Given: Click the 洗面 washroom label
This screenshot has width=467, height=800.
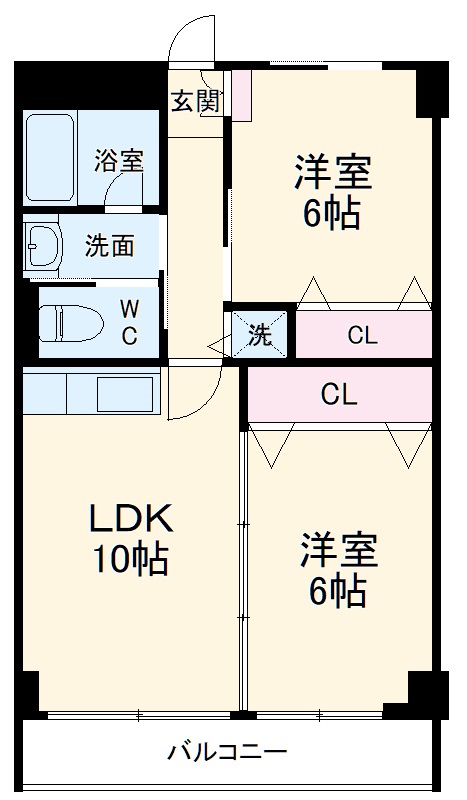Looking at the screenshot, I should click(109, 246).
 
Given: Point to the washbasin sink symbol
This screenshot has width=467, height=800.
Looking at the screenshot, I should click(45, 246).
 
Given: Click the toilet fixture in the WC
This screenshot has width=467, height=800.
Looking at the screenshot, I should click(65, 323).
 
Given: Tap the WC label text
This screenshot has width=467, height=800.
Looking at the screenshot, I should click(130, 321).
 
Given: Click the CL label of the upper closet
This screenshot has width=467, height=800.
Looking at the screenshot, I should click(362, 336).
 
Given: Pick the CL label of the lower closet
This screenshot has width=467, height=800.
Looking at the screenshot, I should click(339, 395).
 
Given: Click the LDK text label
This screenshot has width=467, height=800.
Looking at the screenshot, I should click(132, 518).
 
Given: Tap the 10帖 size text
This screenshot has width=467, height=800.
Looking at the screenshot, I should click(131, 560).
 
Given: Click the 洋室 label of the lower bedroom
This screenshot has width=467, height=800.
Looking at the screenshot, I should click(339, 550).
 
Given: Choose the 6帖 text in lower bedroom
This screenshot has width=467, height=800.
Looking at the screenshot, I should click(338, 592).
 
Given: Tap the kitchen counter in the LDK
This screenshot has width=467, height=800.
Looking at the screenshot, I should click(90, 391).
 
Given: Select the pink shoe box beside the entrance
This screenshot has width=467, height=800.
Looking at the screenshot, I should click(242, 94).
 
